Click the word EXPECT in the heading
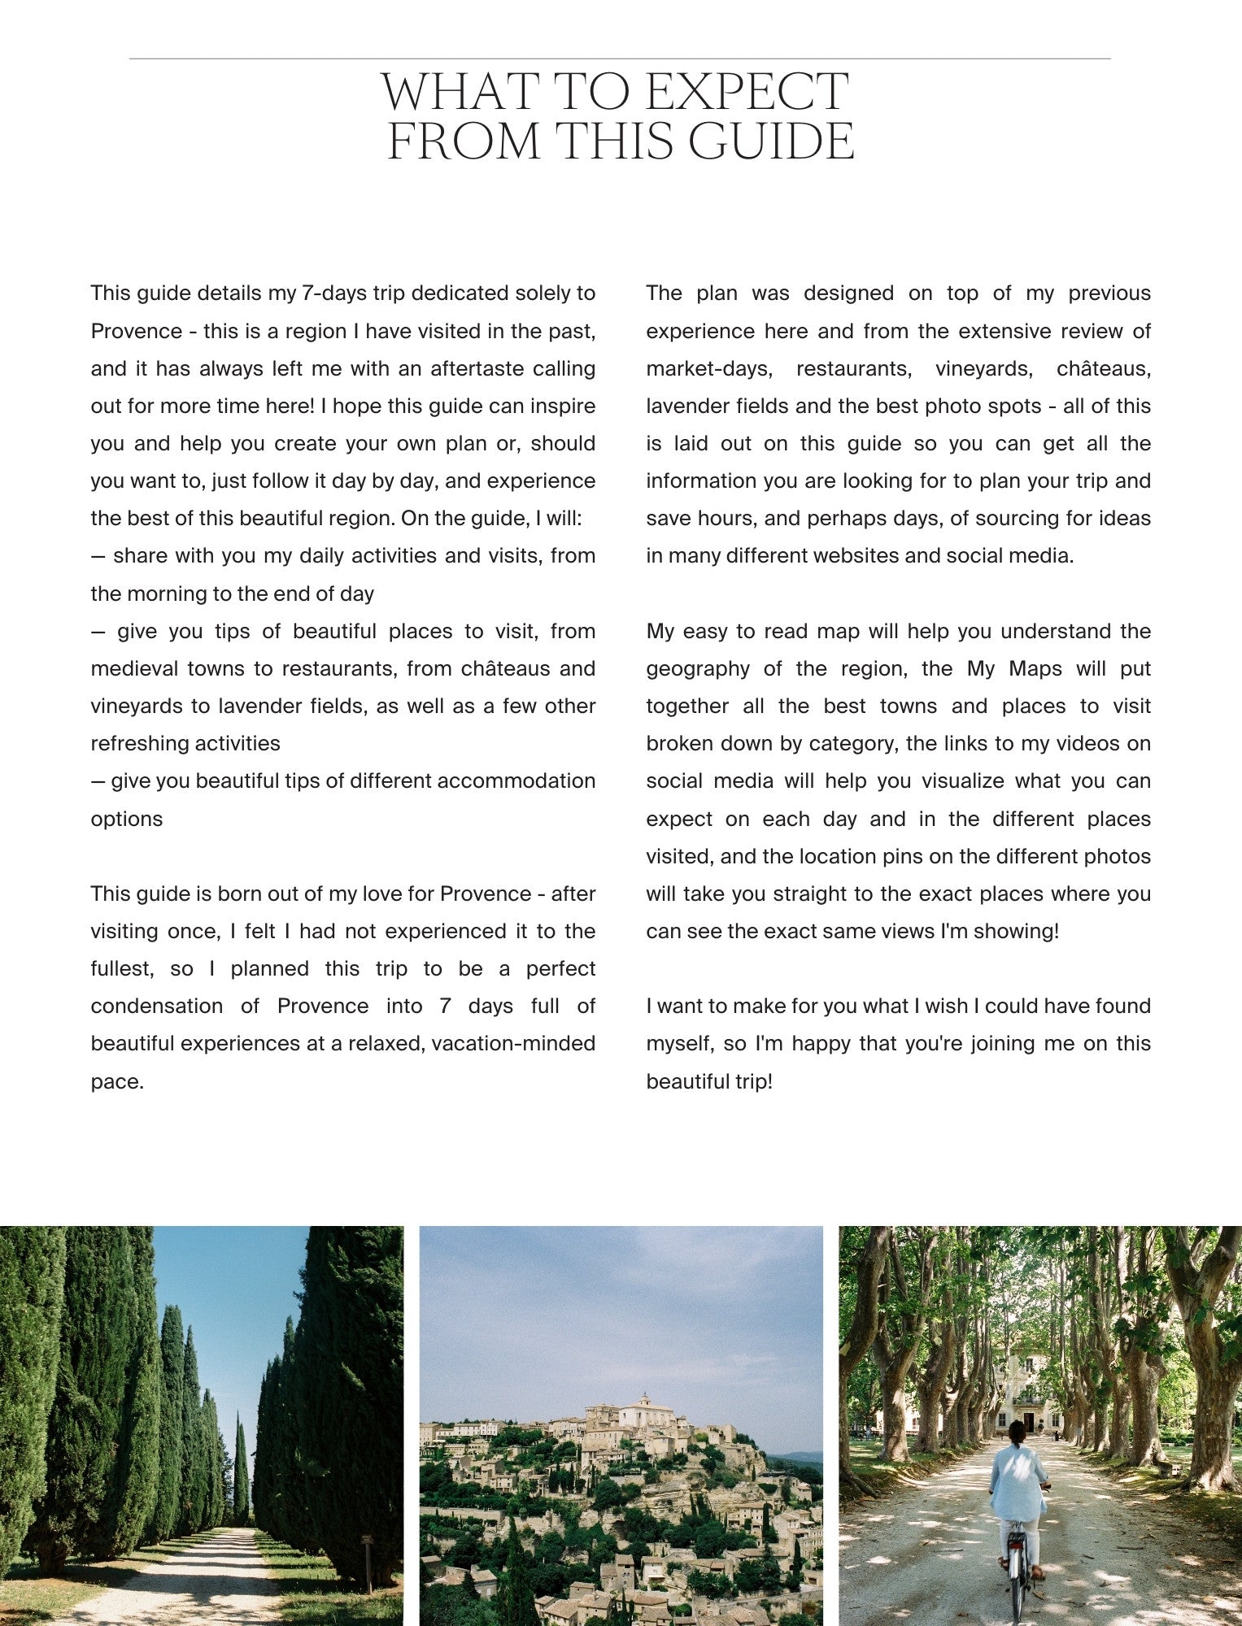(x=746, y=92)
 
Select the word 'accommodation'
(x=516, y=781)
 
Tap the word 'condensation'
(x=156, y=1006)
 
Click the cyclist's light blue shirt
(x=1018, y=1480)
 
